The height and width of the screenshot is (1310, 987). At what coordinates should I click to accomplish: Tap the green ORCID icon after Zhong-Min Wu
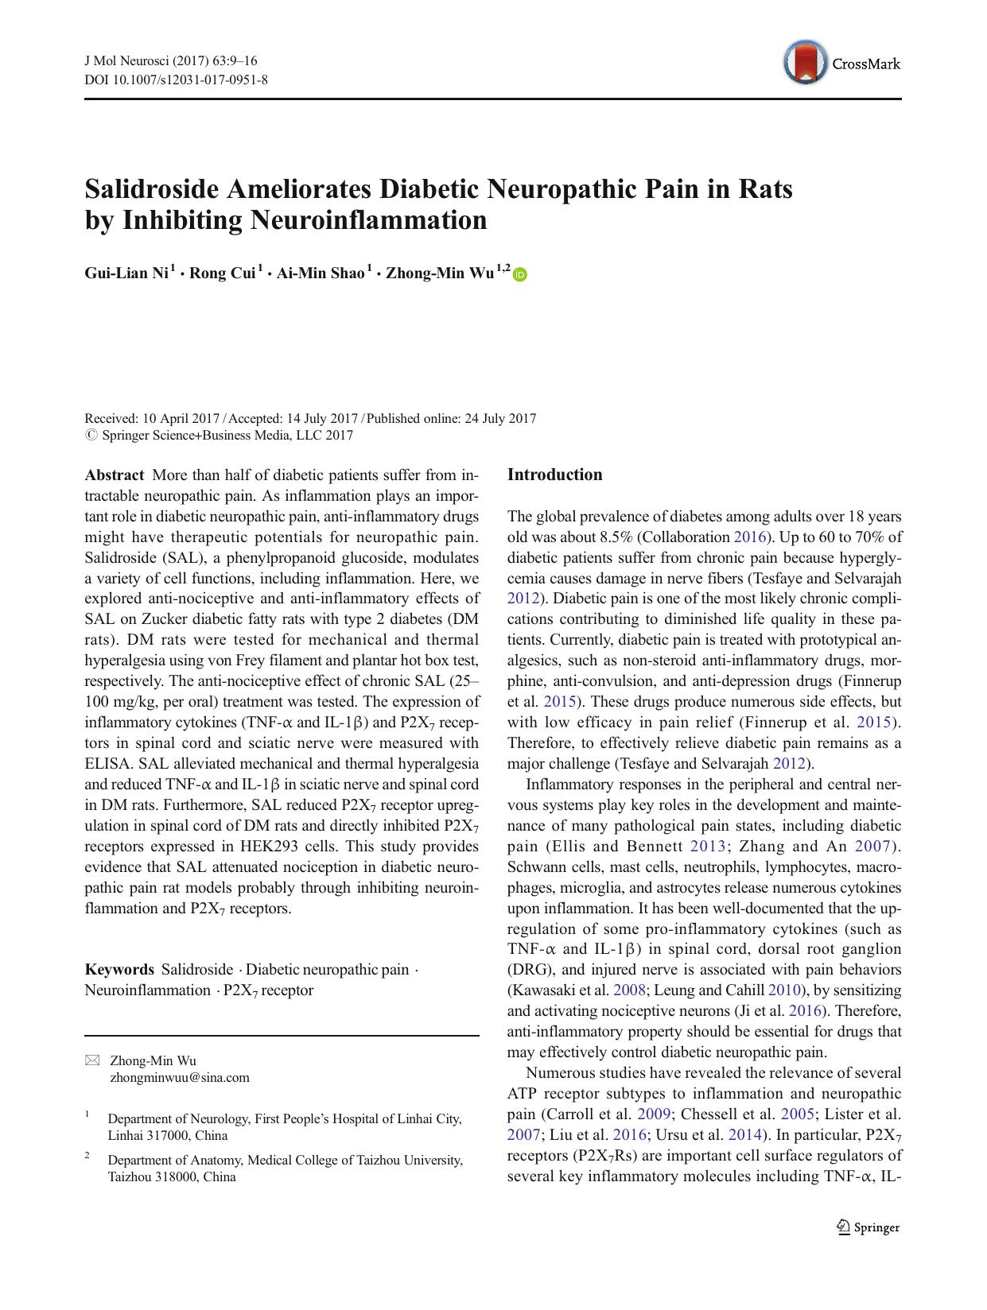(x=520, y=275)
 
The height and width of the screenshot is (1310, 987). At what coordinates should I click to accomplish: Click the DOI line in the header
(x=176, y=79)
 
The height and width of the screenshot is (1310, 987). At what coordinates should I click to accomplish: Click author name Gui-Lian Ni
(x=126, y=273)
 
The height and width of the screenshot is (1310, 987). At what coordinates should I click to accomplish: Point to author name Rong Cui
(x=222, y=273)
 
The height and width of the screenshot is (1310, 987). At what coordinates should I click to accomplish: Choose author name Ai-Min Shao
(x=320, y=273)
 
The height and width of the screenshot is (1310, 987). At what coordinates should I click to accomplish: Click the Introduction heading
(x=554, y=475)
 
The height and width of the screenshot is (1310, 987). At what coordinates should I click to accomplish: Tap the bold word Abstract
(x=115, y=475)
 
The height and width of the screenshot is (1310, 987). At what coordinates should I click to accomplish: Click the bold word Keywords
(x=119, y=970)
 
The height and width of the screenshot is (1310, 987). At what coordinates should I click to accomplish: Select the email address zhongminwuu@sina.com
(x=179, y=1078)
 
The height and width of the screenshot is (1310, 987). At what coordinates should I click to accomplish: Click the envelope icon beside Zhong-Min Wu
(x=93, y=1060)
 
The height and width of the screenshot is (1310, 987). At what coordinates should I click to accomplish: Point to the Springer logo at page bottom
(x=868, y=1227)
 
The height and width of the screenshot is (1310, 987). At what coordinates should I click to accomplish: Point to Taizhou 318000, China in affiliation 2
(x=171, y=1176)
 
